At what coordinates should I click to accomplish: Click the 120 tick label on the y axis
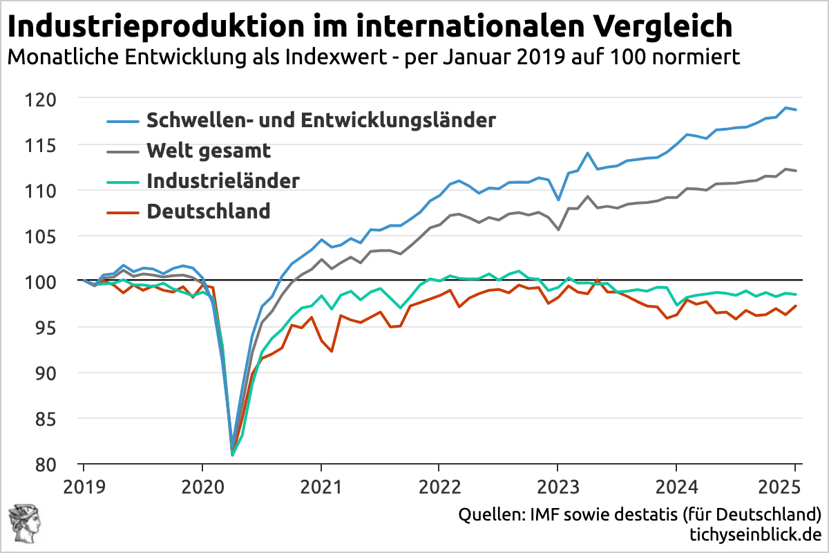(55, 100)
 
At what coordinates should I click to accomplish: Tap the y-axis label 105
(55, 236)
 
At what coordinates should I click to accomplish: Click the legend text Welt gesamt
(208, 150)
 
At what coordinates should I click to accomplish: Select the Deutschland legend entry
(208, 211)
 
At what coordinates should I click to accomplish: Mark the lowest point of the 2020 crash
(232, 454)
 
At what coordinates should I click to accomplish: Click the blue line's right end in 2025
(797, 110)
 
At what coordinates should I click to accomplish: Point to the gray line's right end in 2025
(797, 171)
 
